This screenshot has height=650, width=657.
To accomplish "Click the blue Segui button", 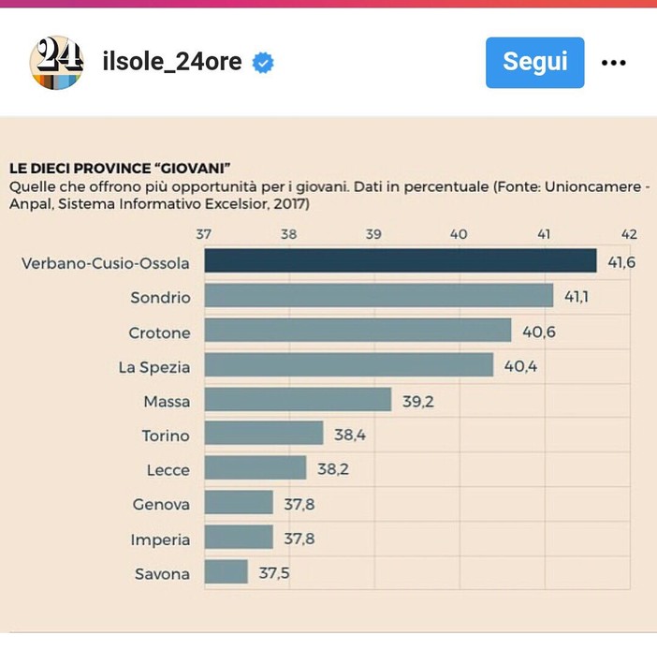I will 534,63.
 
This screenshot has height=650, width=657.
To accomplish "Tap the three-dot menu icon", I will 613,63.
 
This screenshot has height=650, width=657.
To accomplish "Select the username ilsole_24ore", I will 171,63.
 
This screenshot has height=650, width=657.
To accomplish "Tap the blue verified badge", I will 264,63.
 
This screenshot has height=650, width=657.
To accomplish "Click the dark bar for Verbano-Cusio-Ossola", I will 400,261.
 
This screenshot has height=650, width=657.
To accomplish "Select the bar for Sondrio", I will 378,296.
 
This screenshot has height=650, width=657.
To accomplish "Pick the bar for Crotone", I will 358,331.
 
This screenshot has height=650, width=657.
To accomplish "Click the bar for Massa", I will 298,400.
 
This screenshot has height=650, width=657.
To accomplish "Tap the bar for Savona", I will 226,572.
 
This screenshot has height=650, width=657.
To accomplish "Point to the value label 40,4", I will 520,366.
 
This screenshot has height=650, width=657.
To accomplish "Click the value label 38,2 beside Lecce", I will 332,469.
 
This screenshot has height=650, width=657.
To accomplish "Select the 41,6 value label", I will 621,262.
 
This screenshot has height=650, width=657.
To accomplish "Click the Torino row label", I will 166,436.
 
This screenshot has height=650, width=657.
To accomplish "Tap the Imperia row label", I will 161,539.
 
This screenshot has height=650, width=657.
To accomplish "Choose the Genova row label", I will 161,504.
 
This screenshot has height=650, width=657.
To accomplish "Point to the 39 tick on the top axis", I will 373,234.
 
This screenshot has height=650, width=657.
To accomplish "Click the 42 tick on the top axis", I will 629,234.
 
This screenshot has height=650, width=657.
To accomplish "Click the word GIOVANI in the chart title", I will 192,169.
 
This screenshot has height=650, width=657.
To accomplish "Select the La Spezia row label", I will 154,366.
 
